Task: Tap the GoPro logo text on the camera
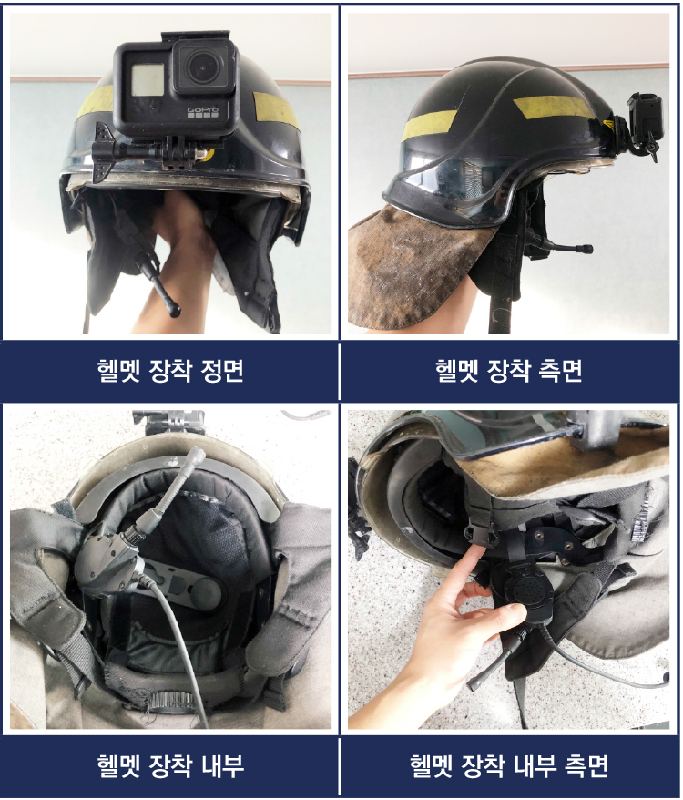click(202, 110)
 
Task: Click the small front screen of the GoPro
click(148, 79)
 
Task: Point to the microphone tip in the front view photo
click(174, 309)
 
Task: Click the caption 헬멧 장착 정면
click(170, 371)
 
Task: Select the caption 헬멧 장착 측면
click(508, 371)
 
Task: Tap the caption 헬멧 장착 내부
click(170, 765)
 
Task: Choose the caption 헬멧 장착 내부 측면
click(508, 765)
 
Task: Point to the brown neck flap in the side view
click(418, 265)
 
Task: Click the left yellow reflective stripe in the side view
click(429, 124)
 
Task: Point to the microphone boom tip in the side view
click(586, 250)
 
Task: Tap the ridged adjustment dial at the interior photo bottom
click(170, 701)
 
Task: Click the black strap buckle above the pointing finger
click(481, 535)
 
